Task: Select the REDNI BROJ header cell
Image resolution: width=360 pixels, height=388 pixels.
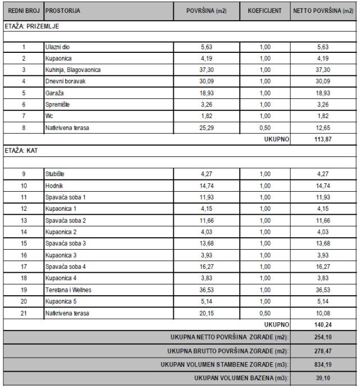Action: [22, 11]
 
